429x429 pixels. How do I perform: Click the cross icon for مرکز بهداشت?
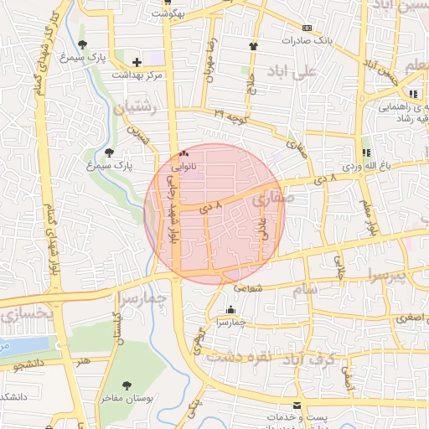point(137,63)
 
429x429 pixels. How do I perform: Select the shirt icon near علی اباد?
point(253,46)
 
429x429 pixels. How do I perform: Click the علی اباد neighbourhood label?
point(291,73)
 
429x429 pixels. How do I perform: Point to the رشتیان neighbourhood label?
point(133,107)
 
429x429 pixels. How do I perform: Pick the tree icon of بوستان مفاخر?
point(127,385)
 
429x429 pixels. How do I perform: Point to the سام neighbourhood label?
point(305,290)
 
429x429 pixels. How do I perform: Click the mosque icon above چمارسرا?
point(230,310)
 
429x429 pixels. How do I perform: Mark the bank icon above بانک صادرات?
point(306,28)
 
